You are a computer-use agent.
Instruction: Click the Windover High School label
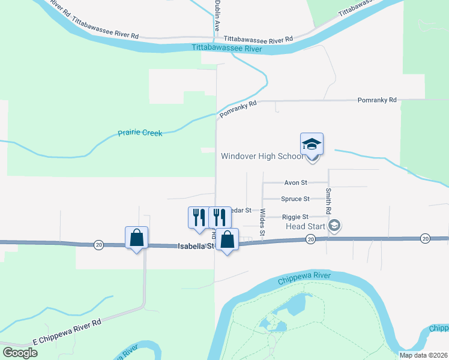click(262, 157)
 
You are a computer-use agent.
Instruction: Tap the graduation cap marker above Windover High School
click(312, 145)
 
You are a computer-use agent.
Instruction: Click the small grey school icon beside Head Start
click(335, 226)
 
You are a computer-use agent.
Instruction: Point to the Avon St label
click(295, 182)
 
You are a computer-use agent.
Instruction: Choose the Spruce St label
click(295, 199)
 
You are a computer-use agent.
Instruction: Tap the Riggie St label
click(295, 217)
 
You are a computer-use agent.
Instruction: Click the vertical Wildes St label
click(262, 221)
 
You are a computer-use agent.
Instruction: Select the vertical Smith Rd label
click(328, 202)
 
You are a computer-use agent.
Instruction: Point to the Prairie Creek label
click(140, 133)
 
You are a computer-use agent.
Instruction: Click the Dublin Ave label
click(217, 16)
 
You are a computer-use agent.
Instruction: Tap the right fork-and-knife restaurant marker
click(220, 217)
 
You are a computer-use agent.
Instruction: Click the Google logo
click(20, 353)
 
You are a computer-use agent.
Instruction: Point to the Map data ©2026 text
click(423, 355)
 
